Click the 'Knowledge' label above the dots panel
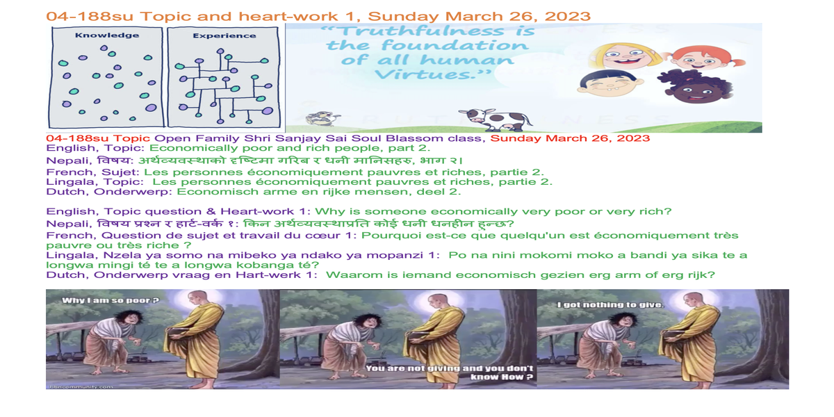click(107, 35)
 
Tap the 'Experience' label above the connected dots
click(224, 35)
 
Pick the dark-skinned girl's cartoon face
click(695, 88)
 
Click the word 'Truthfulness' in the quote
click(423, 31)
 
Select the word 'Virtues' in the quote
click(425, 74)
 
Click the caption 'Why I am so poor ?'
click(111, 300)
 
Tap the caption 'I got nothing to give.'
click(611, 305)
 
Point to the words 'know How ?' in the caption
click(502, 377)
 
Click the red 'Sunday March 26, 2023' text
click(570, 138)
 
